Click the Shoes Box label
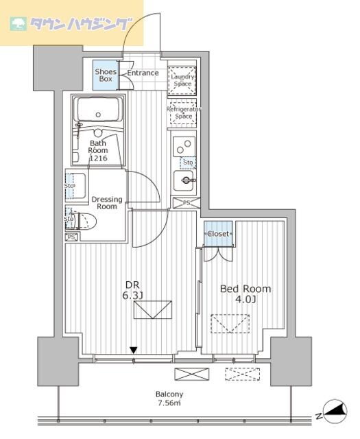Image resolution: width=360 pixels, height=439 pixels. (106, 75)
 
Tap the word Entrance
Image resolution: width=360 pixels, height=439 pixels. (143, 73)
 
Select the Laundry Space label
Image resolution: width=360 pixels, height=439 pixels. (183, 80)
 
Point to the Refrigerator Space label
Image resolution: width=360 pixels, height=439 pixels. (183, 112)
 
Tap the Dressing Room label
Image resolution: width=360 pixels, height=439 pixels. (107, 203)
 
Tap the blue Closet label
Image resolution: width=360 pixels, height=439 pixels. (219, 234)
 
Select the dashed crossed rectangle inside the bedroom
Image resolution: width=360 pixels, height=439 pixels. (230, 322)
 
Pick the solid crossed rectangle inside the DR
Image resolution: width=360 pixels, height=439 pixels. (152, 311)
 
